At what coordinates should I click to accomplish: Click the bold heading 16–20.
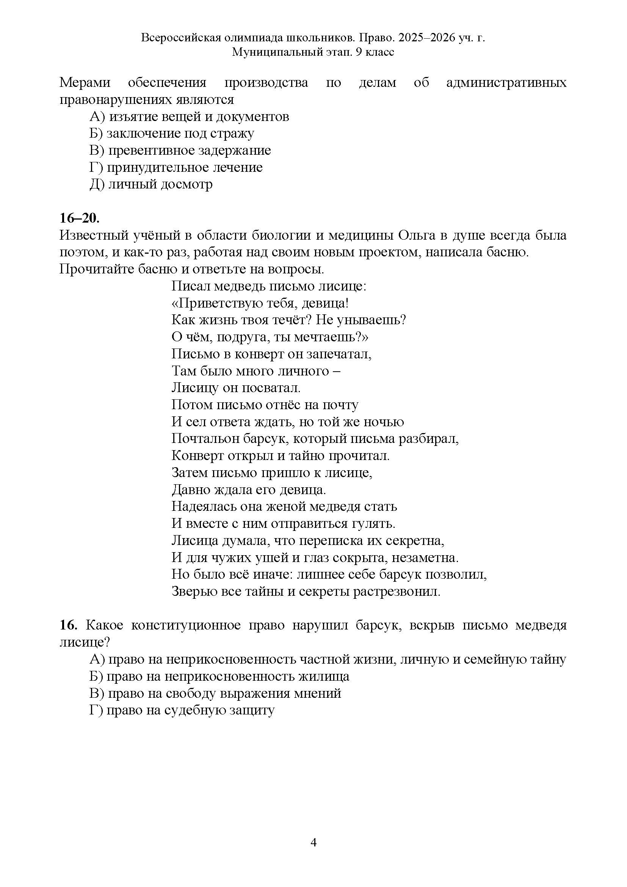(x=80, y=218)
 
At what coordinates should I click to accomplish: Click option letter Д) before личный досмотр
(x=97, y=184)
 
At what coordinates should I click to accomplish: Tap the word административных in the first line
(x=506, y=83)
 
